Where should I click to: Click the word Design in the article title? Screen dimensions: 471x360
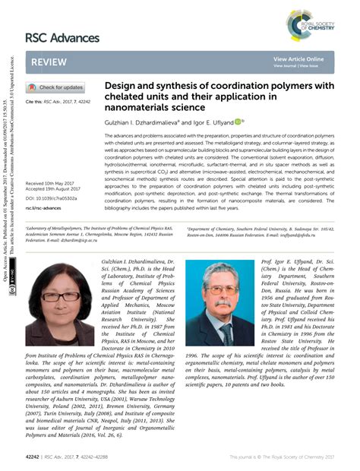[121, 87]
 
